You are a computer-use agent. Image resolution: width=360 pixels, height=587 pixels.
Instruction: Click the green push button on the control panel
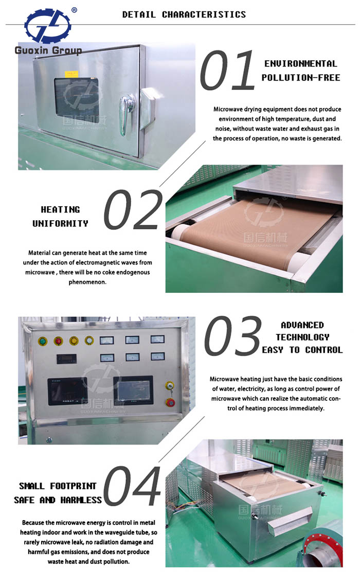coord(43,341)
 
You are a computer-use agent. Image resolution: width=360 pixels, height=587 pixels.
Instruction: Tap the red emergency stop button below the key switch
coord(170,403)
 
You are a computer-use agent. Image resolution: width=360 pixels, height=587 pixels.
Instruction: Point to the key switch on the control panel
coord(170,386)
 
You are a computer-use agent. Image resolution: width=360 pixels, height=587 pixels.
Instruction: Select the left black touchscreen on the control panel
coord(67,391)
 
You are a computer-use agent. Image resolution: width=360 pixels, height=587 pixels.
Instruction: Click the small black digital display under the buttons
coord(66,359)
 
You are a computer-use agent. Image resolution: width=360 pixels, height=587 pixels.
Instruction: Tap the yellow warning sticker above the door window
coord(71,74)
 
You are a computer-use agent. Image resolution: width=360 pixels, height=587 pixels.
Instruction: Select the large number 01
coord(227,71)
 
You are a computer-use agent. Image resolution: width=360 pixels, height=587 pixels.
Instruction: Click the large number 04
coord(132,486)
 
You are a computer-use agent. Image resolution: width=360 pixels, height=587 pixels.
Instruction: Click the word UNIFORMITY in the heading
coord(60,223)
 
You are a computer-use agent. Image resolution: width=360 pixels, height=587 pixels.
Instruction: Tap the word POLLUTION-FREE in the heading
coord(301,78)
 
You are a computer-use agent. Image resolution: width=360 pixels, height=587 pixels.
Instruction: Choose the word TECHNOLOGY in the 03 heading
coord(303,337)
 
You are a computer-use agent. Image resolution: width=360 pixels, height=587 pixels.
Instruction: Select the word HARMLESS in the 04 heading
coord(81,500)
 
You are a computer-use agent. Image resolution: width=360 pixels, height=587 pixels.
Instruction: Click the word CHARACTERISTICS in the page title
coord(204,14)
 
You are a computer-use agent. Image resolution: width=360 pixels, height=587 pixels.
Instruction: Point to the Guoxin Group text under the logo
coord(48,50)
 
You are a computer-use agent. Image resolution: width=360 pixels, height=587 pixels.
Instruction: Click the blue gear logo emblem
coord(47,25)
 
